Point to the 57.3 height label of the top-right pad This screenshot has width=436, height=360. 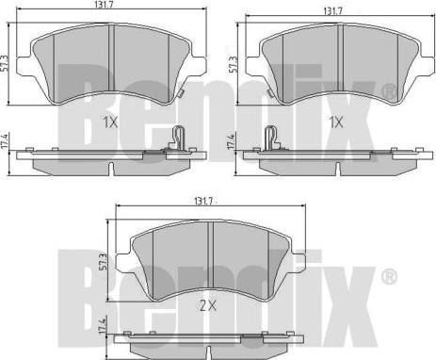(x=234, y=65)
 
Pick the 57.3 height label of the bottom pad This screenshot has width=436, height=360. (x=104, y=263)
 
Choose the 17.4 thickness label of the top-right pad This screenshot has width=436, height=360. (x=232, y=141)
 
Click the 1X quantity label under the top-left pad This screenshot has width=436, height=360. (x=110, y=123)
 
